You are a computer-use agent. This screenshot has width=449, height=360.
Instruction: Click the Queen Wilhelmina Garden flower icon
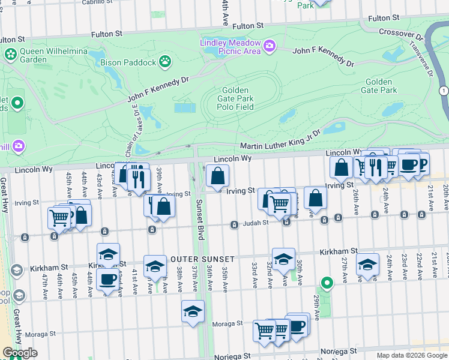10,55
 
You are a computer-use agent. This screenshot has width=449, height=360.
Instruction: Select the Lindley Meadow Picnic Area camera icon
270,46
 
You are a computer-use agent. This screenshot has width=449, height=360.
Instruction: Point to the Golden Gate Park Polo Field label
234,98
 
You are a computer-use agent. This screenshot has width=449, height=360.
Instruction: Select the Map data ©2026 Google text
411,355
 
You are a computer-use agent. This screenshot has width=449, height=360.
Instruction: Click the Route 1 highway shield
444,90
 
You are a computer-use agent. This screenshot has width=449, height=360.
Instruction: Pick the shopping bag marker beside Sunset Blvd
217,176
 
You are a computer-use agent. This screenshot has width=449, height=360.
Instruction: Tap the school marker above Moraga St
193,311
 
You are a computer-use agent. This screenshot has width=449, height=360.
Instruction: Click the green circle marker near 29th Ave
327,281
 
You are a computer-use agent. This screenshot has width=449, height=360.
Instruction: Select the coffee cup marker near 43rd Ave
108,280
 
